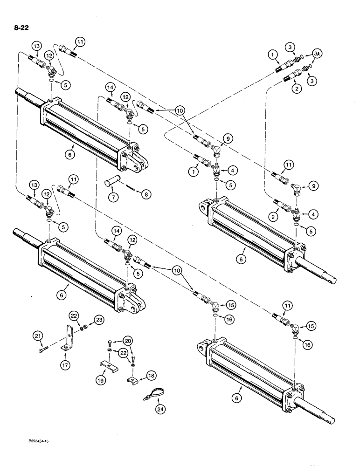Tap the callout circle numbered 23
tap(99, 320)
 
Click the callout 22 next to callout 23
tap(75, 315)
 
